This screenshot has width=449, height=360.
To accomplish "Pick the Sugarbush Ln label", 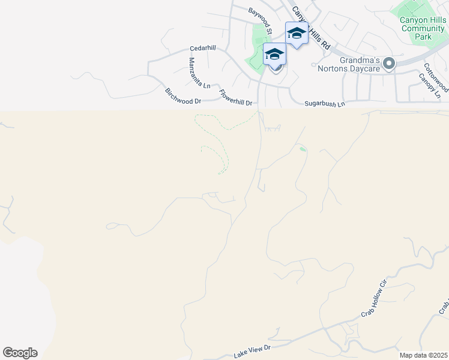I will click(x=324, y=104).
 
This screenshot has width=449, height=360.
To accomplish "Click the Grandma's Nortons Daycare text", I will click(x=353, y=64).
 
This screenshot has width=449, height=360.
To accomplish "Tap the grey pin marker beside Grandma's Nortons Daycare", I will click(x=389, y=63).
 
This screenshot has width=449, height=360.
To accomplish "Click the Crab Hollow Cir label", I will click(x=373, y=299).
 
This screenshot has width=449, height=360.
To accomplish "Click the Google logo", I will click(x=20, y=353).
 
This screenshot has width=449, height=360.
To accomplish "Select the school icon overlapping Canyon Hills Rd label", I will click(x=297, y=32).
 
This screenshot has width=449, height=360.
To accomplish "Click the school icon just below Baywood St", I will click(x=274, y=54).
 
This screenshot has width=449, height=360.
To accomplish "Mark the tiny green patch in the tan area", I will click(x=303, y=149).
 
